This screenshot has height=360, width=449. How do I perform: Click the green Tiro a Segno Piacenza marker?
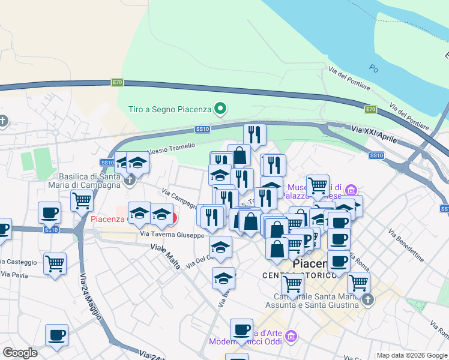[221, 109]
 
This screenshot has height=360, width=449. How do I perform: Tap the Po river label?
[374, 68]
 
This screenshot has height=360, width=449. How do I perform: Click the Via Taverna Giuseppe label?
[172, 234]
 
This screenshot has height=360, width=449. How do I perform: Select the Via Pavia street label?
[14, 275]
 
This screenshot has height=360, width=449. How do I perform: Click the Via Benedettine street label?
[406, 245]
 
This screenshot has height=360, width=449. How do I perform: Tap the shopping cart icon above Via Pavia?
[55, 263]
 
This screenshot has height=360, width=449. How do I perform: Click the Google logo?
[20, 353]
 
